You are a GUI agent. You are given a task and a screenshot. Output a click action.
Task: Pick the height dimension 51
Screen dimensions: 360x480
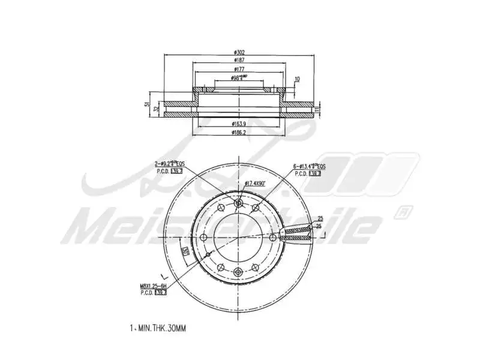coord(146,105)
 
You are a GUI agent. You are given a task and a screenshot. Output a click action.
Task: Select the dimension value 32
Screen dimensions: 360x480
coord(157,109)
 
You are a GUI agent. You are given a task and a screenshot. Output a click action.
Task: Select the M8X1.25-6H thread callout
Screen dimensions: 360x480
coord(152,286)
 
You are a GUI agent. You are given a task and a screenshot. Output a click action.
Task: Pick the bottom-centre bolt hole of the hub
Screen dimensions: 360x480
coord(239,272)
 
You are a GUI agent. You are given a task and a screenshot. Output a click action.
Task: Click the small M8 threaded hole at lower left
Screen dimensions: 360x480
coord(208,254)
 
